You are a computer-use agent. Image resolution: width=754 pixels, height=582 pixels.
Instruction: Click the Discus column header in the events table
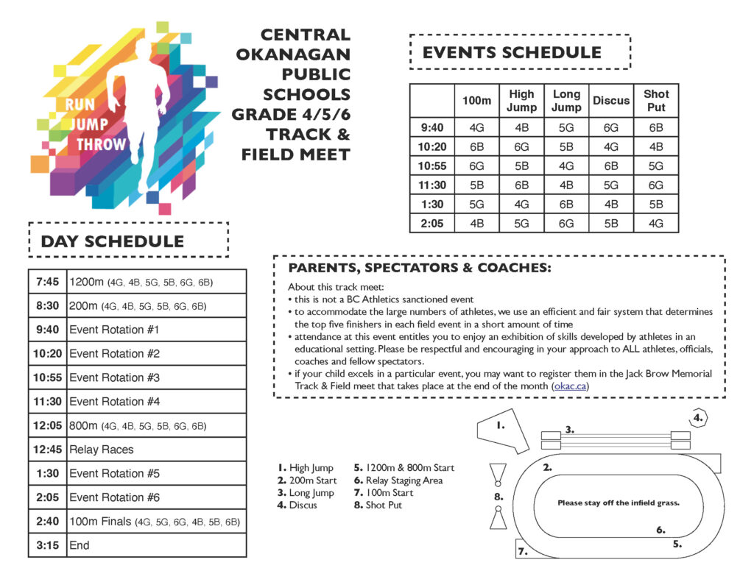(x=611, y=101)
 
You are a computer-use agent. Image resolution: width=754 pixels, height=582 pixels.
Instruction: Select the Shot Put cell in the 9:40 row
(x=655, y=127)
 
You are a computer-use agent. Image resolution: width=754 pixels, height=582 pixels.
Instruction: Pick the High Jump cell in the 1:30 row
(x=521, y=204)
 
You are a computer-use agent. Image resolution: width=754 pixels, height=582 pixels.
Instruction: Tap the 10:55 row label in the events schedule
(x=431, y=166)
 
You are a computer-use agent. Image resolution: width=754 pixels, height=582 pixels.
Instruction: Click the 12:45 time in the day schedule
(x=47, y=450)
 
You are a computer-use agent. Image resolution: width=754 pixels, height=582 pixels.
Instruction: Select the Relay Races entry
(x=102, y=450)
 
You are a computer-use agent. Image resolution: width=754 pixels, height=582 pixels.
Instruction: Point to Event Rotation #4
(x=114, y=402)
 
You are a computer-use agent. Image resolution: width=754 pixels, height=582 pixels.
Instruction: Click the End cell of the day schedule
(x=79, y=545)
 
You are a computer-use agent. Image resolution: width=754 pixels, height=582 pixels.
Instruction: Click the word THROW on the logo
(x=102, y=144)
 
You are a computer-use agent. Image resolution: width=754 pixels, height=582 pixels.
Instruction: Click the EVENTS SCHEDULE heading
(x=512, y=53)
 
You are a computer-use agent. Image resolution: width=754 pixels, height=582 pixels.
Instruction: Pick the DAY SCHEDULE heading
(x=113, y=241)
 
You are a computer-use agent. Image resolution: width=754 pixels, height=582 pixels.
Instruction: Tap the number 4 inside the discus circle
(x=698, y=417)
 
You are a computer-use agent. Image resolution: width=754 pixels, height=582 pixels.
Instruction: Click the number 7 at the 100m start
(x=522, y=551)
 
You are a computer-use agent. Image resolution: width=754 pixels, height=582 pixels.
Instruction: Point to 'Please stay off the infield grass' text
(x=618, y=503)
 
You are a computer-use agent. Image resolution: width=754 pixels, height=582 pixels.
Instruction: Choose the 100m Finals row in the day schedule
(x=155, y=522)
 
